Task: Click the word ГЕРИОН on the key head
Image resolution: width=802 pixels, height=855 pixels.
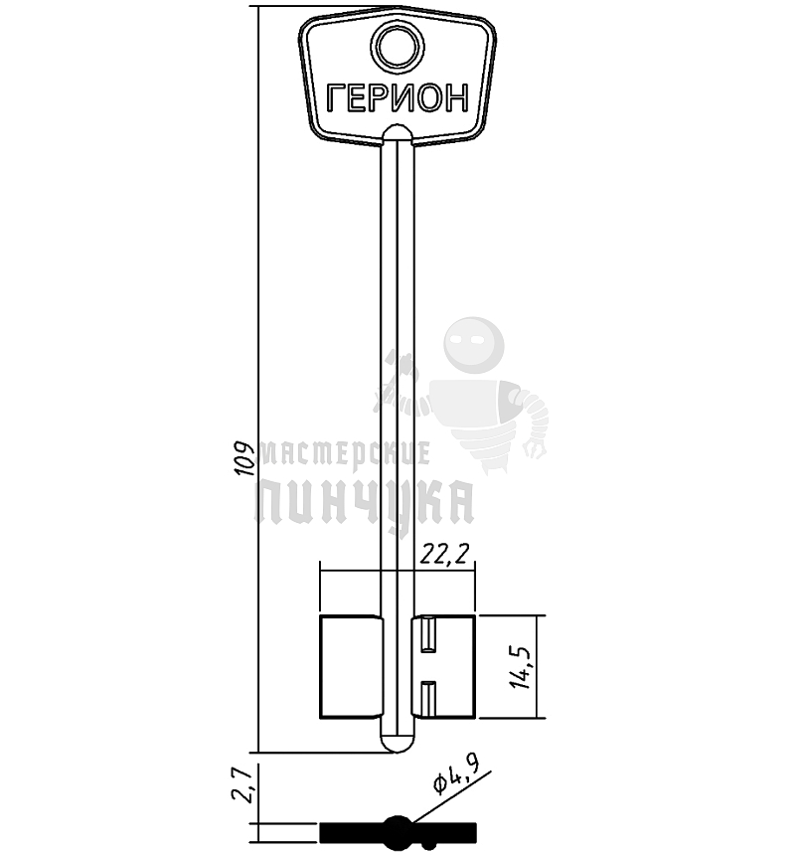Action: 398,98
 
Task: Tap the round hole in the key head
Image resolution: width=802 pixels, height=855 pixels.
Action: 398,48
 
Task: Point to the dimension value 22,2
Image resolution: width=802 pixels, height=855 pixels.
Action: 444,555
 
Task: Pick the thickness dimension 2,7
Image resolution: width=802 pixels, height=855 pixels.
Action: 241,784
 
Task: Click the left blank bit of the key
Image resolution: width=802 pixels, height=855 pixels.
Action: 351,666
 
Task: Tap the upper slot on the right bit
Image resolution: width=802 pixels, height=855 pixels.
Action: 428,634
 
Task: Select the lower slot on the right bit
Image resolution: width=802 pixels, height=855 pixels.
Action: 428,699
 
